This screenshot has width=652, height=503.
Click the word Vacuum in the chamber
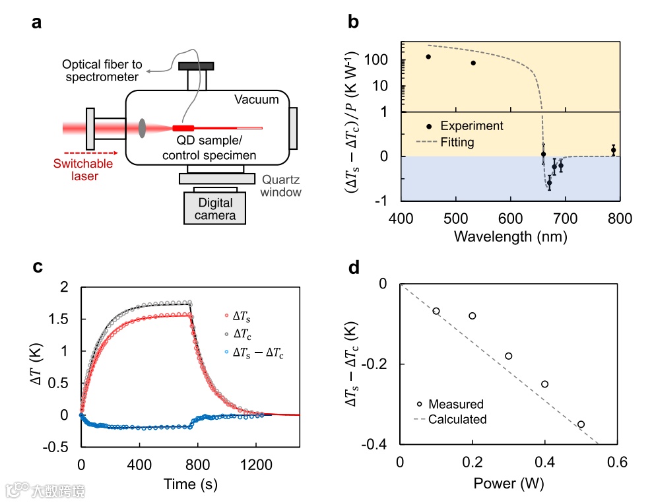tap(257, 100)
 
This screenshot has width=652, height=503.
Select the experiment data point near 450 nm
tap(428, 57)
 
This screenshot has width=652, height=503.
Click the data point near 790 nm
tap(613, 151)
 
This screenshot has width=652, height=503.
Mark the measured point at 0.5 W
tap(581, 424)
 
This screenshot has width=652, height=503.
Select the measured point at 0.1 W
tap(436, 311)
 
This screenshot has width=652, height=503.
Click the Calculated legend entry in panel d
tap(457, 419)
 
